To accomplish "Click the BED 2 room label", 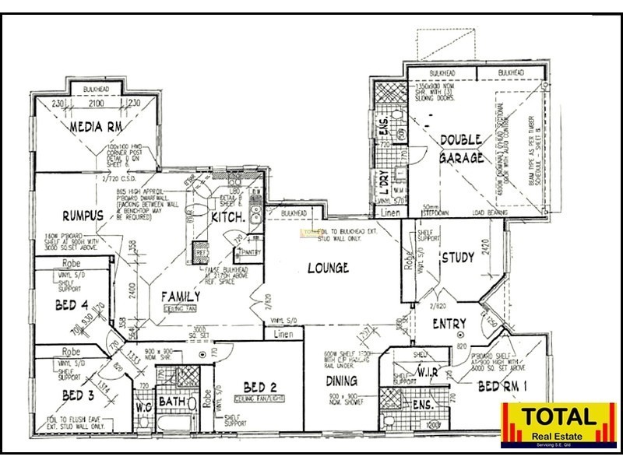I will coord(260,388).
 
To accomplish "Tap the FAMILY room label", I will coord(181,297).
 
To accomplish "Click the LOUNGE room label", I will coord(327,269).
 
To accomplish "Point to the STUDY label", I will coord(457,258).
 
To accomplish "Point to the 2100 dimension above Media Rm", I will coord(96,104).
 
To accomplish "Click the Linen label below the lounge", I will coord(283,335).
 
